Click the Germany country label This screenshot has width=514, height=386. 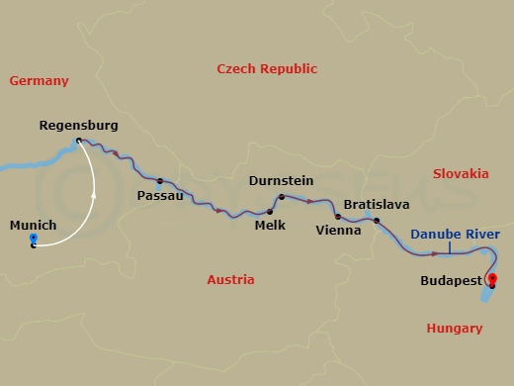point(39,81)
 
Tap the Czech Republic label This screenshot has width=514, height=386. point(267,68)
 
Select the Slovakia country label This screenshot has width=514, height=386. point(461,173)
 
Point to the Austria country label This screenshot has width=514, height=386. point(230,280)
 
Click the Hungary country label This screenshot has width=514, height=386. point(454,328)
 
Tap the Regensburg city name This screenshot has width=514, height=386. point(79,126)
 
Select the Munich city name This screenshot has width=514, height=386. point(33,225)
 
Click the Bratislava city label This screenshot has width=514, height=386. point(377,204)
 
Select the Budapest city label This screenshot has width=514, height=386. point(451,280)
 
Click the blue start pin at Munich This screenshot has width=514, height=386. point(34,240)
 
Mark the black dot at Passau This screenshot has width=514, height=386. point(159,181)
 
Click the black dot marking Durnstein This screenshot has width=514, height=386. point(282,196)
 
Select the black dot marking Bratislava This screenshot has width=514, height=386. point(377,220)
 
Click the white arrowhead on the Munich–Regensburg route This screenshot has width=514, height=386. point(95,196)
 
